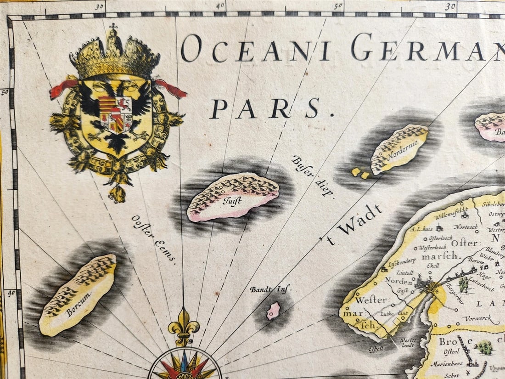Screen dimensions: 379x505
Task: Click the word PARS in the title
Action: pyautogui.click(x=266, y=108)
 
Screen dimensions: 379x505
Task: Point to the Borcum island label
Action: pyautogui.click(x=79, y=305)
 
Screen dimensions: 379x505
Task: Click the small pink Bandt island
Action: pyautogui.click(x=274, y=311)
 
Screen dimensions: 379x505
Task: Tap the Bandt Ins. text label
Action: pyautogui.click(x=270, y=289)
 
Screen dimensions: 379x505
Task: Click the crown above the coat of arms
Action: pyautogui.click(x=114, y=55)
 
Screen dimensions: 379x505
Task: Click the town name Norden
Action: pyautogui.click(x=398, y=281)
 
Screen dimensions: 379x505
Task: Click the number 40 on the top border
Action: pyautogui.click(x=220, y=6)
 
